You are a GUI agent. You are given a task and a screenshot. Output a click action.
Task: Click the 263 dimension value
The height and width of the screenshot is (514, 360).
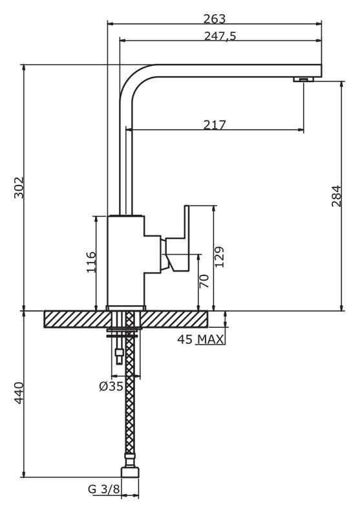215,19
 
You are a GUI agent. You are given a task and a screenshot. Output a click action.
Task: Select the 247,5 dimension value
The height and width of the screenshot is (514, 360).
220,36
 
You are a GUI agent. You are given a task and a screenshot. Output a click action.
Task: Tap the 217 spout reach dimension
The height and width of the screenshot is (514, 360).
215,125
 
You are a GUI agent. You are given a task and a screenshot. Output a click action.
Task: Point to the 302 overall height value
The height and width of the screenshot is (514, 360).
19,187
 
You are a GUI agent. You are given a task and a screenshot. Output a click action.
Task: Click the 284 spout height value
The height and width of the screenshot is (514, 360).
337,196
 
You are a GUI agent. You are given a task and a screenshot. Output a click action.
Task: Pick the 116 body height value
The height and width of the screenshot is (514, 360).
91,262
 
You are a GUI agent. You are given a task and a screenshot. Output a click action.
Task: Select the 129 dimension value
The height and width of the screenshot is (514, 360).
220,257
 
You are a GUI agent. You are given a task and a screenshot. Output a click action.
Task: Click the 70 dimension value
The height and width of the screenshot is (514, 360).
204,281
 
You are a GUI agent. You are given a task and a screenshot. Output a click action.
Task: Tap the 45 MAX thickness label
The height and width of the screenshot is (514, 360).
201,339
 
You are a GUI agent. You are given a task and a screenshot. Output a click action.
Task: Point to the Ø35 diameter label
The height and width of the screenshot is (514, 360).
111,386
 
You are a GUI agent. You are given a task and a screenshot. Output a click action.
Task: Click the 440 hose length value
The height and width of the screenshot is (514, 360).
19,392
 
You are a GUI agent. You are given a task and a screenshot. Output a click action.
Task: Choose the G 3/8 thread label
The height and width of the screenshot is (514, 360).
104,489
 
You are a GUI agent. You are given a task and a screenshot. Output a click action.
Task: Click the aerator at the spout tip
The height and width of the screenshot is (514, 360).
303,80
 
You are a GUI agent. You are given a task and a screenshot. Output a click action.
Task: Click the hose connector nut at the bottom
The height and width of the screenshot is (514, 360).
130,473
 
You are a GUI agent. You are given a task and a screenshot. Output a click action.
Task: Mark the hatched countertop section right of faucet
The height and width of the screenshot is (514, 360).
175,319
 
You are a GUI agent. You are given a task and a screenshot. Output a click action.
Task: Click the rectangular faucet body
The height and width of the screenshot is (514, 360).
126,261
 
